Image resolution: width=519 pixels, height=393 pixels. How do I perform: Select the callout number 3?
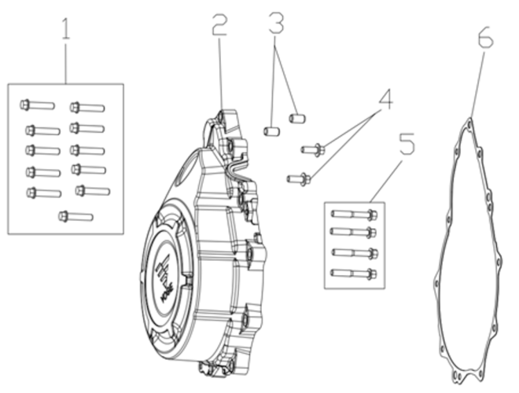(275, 24)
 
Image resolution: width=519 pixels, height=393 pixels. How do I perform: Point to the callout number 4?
(385, 100)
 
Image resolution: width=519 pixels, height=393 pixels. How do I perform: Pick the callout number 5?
(406, 144)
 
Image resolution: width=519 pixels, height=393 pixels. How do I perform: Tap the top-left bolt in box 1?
(37, 104)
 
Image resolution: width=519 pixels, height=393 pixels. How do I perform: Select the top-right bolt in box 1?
(86, 107)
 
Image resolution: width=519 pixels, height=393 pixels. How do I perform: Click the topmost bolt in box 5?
(354, 214)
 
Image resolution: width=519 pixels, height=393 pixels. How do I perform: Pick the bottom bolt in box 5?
(354, 274)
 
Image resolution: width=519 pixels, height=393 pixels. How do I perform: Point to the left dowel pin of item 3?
(271, 130)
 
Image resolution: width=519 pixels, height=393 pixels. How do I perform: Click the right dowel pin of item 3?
(296, 118)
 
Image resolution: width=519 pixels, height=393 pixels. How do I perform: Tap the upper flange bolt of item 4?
(312, 149)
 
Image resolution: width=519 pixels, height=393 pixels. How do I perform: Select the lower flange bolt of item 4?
(299, 178)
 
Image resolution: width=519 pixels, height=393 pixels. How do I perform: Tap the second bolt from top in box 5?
(354, 232)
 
